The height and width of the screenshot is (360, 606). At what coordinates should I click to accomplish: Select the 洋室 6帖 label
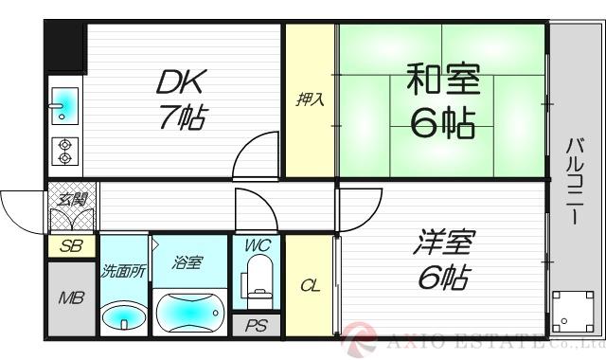(442, 258)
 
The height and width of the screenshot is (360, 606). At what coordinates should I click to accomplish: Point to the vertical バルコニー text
(575, 180)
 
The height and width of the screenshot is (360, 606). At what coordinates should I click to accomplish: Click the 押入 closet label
(309, 99)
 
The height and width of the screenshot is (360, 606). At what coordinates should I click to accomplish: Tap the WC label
(257, 245)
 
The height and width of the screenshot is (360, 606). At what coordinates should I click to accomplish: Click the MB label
(71, 299)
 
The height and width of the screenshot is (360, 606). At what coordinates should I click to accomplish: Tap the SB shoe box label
(71, 246)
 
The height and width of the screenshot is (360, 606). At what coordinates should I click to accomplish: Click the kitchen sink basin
(65, 105)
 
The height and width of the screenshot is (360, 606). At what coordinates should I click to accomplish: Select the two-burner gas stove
(66, 150)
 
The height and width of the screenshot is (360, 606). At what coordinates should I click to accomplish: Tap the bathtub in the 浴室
(189, 311)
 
